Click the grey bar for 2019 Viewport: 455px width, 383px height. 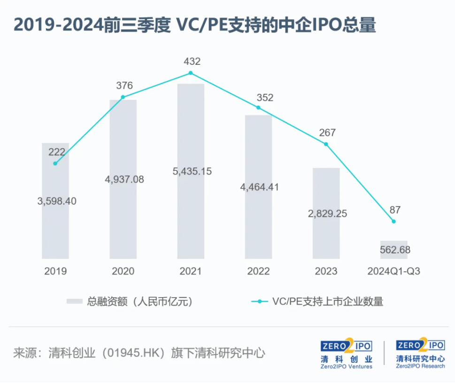click(55, 225)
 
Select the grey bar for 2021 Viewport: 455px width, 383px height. click(191, 216)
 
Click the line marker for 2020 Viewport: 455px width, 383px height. click(123, 97)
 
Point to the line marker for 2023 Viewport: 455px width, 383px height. click(326, 144)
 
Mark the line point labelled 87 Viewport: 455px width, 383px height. click(393, 221)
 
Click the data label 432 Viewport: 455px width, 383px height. click(191, 61)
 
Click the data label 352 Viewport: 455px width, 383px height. click(264, 98)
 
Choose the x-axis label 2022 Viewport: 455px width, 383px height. click(258, 271)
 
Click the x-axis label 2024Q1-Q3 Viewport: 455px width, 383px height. click(393, 271)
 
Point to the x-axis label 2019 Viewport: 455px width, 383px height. click(55, 271)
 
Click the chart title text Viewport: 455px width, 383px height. click(194, 25)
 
